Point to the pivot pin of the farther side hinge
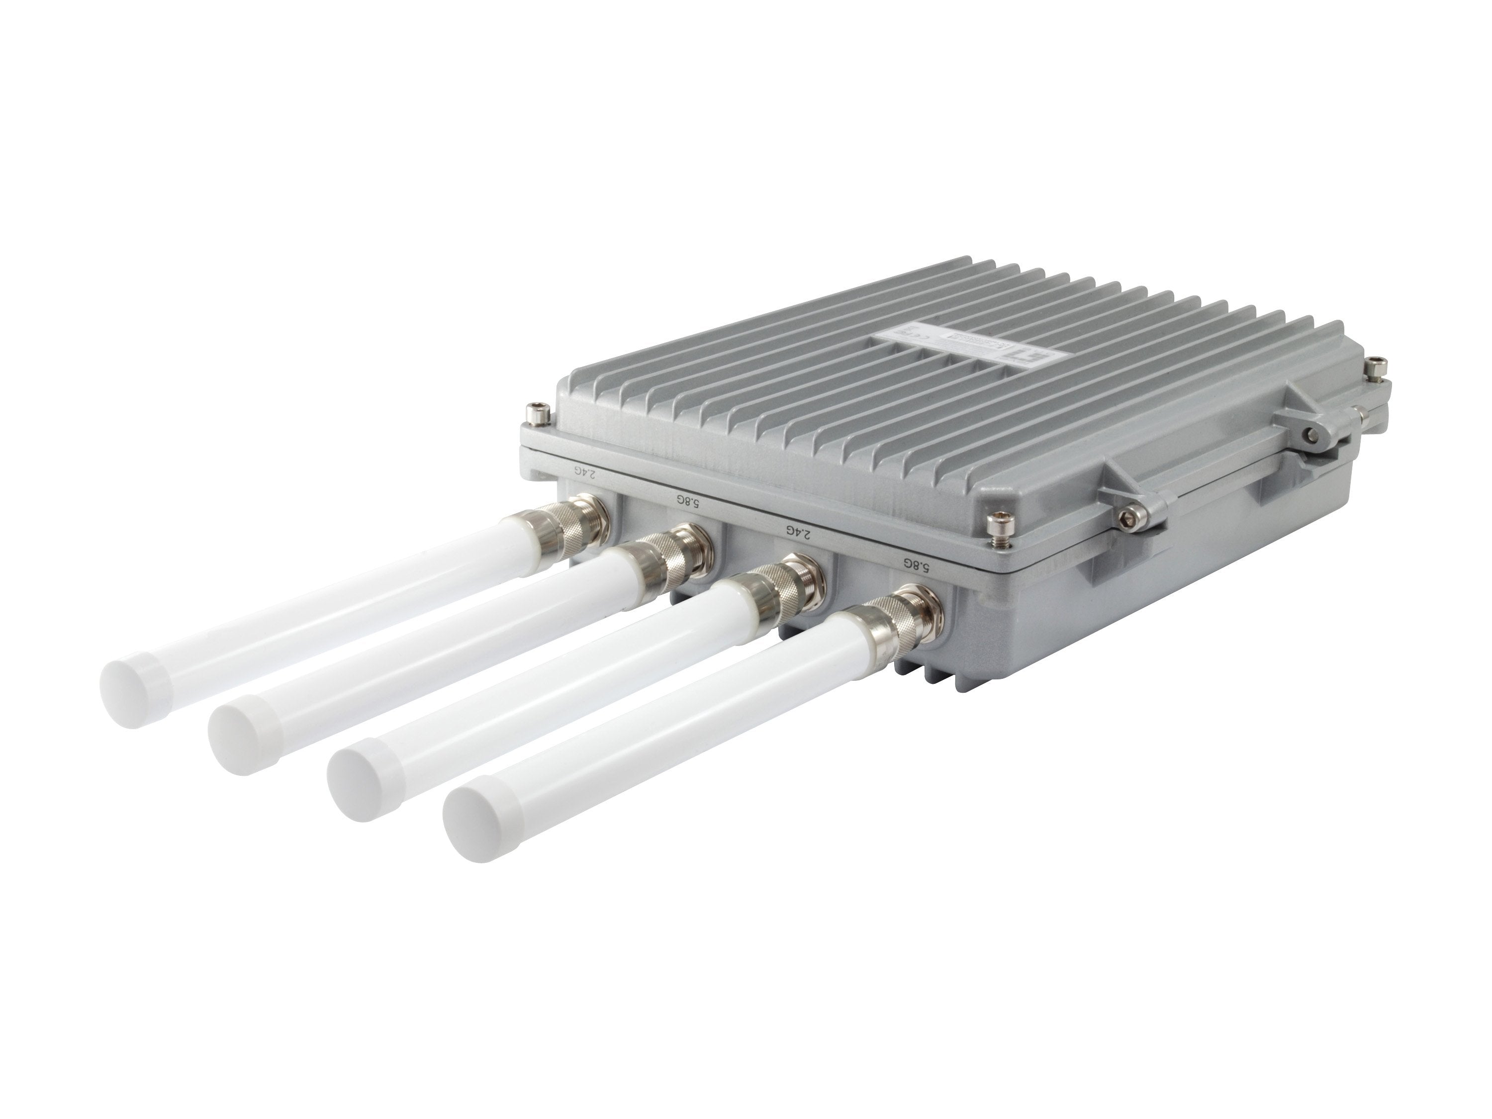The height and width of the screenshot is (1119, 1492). tap(1310, 436)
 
